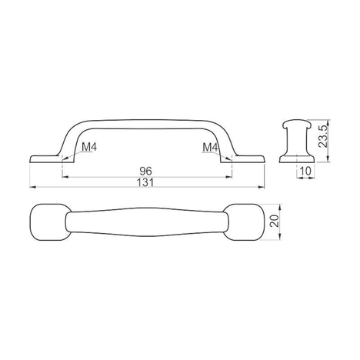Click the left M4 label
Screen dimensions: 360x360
89,147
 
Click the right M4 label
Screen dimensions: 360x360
210,147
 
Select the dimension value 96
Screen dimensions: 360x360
145,171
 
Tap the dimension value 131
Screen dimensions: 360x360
145,182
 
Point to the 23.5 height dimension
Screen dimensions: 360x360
323,136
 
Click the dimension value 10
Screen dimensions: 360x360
305,171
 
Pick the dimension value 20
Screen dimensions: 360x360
275,221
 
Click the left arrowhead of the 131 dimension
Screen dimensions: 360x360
32,187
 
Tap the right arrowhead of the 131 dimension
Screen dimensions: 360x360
262,187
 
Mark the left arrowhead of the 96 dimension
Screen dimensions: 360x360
65,177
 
